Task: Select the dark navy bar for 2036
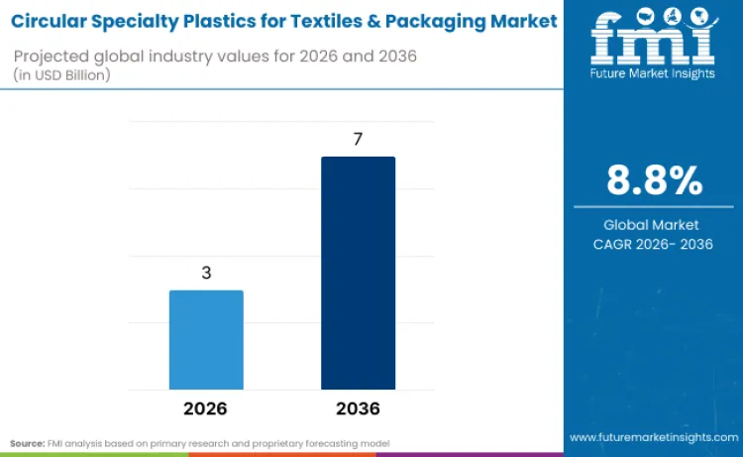[358, 273]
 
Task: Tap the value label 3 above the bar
[206, 273]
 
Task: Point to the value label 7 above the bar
[358, 139]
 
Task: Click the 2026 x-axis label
[205, 408]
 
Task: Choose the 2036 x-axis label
[358, 408]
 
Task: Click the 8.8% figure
[653, 180]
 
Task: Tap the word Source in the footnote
[27, 442]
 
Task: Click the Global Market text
[652, 225]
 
